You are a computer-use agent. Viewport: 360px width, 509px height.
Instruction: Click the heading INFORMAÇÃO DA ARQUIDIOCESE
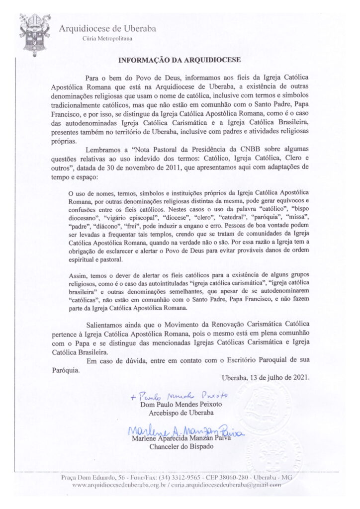pyautogui.click(x=180, y=61)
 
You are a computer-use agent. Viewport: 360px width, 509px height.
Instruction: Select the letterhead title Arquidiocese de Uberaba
pyautogui.click(x=107, y=28)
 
